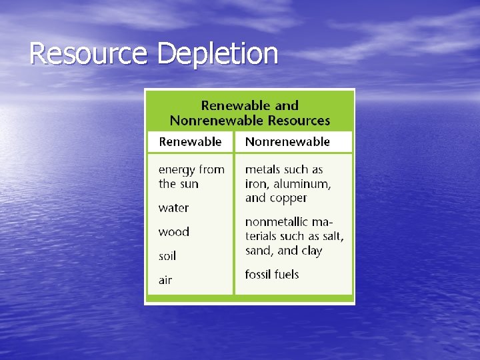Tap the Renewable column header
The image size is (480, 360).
click(190, 141)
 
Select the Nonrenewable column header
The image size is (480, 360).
click(287, 141)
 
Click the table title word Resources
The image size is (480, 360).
click(299, 121)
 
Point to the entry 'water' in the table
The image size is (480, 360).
click(173, 208)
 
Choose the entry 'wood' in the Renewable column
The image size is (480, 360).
click(173, 232)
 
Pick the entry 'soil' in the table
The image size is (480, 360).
click(167, 256)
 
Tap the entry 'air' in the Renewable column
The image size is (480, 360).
click(165, 280)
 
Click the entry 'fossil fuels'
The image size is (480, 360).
click(272, 274)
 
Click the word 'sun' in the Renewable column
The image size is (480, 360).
click(189, 184)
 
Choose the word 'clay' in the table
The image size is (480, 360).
click(311, 251)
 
